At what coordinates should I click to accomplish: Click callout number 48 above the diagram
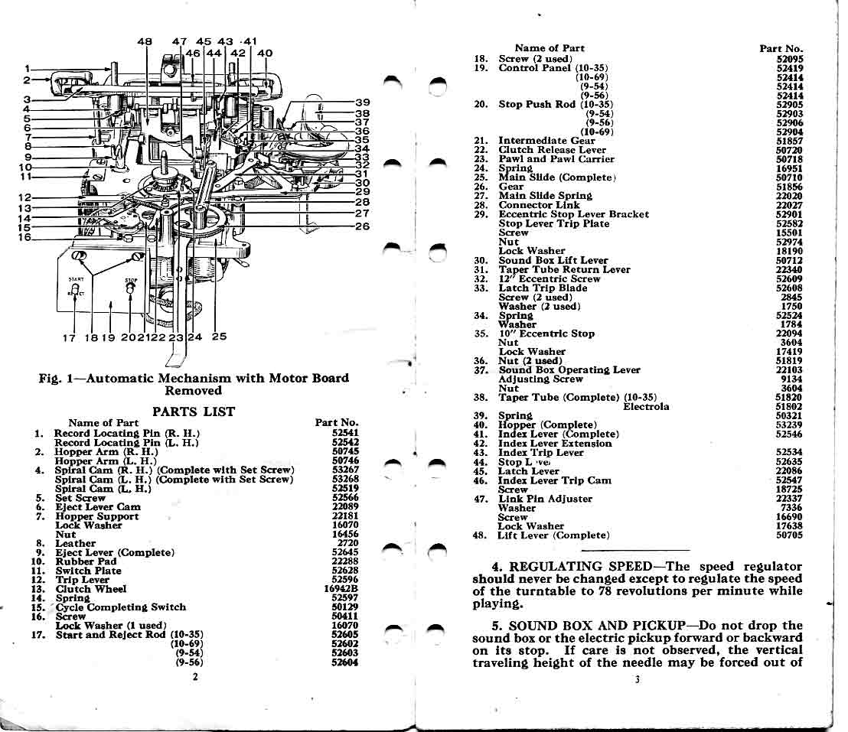click(x=145, y=41)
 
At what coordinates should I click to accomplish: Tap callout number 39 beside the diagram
click(x=363, y=102)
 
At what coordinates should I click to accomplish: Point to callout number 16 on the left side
click(x=25, y=237)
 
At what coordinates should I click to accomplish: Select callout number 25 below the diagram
click(x=219, y=337)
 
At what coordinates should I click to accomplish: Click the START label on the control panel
click(x=75, y=280)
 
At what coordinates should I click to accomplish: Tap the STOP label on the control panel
click(x=131, y=280)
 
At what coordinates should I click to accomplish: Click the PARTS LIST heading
click(x=194, y=412)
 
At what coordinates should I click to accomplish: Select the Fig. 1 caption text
click(x=194, y=384)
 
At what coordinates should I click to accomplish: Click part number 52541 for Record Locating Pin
click(x=344, y=432)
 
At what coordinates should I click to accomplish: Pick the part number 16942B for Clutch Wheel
click(x=341, y=589)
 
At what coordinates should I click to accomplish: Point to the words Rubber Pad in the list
click(x=86, y=561)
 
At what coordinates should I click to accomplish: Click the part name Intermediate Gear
click(x=546, y=141)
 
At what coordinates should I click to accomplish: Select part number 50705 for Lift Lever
click(x=789, y=535)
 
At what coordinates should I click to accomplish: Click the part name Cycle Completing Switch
click(x=121, y=607)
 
